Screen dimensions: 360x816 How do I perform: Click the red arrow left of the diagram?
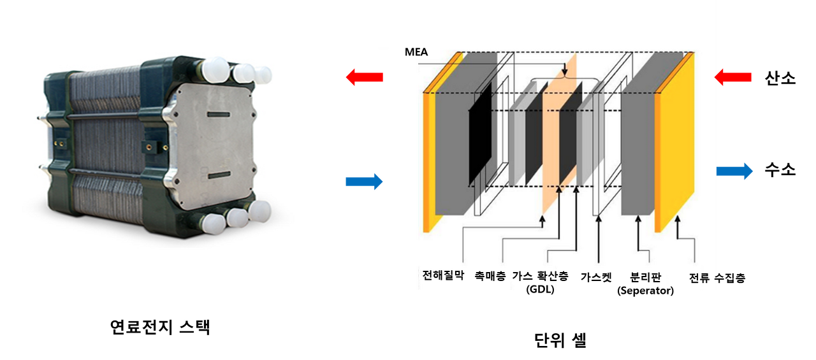pos(363,78)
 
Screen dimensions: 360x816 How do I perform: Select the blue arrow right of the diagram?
pos(735,171)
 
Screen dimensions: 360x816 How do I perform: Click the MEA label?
pos(416,52)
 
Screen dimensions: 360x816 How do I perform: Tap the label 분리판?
pos(645,277)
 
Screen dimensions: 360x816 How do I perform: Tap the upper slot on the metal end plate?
pos(219,114)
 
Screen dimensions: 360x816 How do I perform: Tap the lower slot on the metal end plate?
pos(219,174)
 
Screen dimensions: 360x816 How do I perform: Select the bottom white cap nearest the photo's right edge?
pos(259,211)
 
